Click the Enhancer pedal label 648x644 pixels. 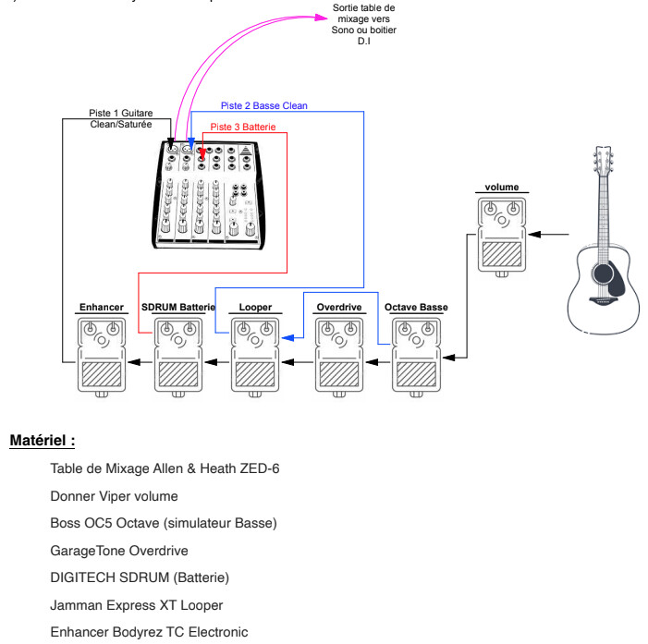(x=102, y=307)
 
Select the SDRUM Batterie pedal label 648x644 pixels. (x=177, y=307)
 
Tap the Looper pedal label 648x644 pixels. (x=255, y=307)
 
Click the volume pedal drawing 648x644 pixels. (x=502, y=235)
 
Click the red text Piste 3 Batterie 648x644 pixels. (x=242, y=126)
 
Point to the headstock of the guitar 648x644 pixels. (x=604, y=161)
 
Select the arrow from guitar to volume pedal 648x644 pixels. (x=549, y=234)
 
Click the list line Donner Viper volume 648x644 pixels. (x=114, y=496)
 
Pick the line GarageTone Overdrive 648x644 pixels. (x=118, y=551)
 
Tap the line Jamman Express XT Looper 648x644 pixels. (x=136, y=605)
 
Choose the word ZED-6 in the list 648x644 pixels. (x=260, y=468)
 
